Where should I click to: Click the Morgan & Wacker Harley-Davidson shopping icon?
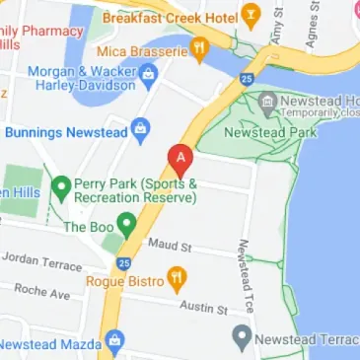point(148,72)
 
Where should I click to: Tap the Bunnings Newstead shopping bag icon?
point(140,128)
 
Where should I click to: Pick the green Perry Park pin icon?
point(61,185)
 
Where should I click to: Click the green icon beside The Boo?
point(125,224)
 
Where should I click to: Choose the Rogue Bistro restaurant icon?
point(177,279)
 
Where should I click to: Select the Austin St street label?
point(203,308)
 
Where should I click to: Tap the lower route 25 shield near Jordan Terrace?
point(123,263)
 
